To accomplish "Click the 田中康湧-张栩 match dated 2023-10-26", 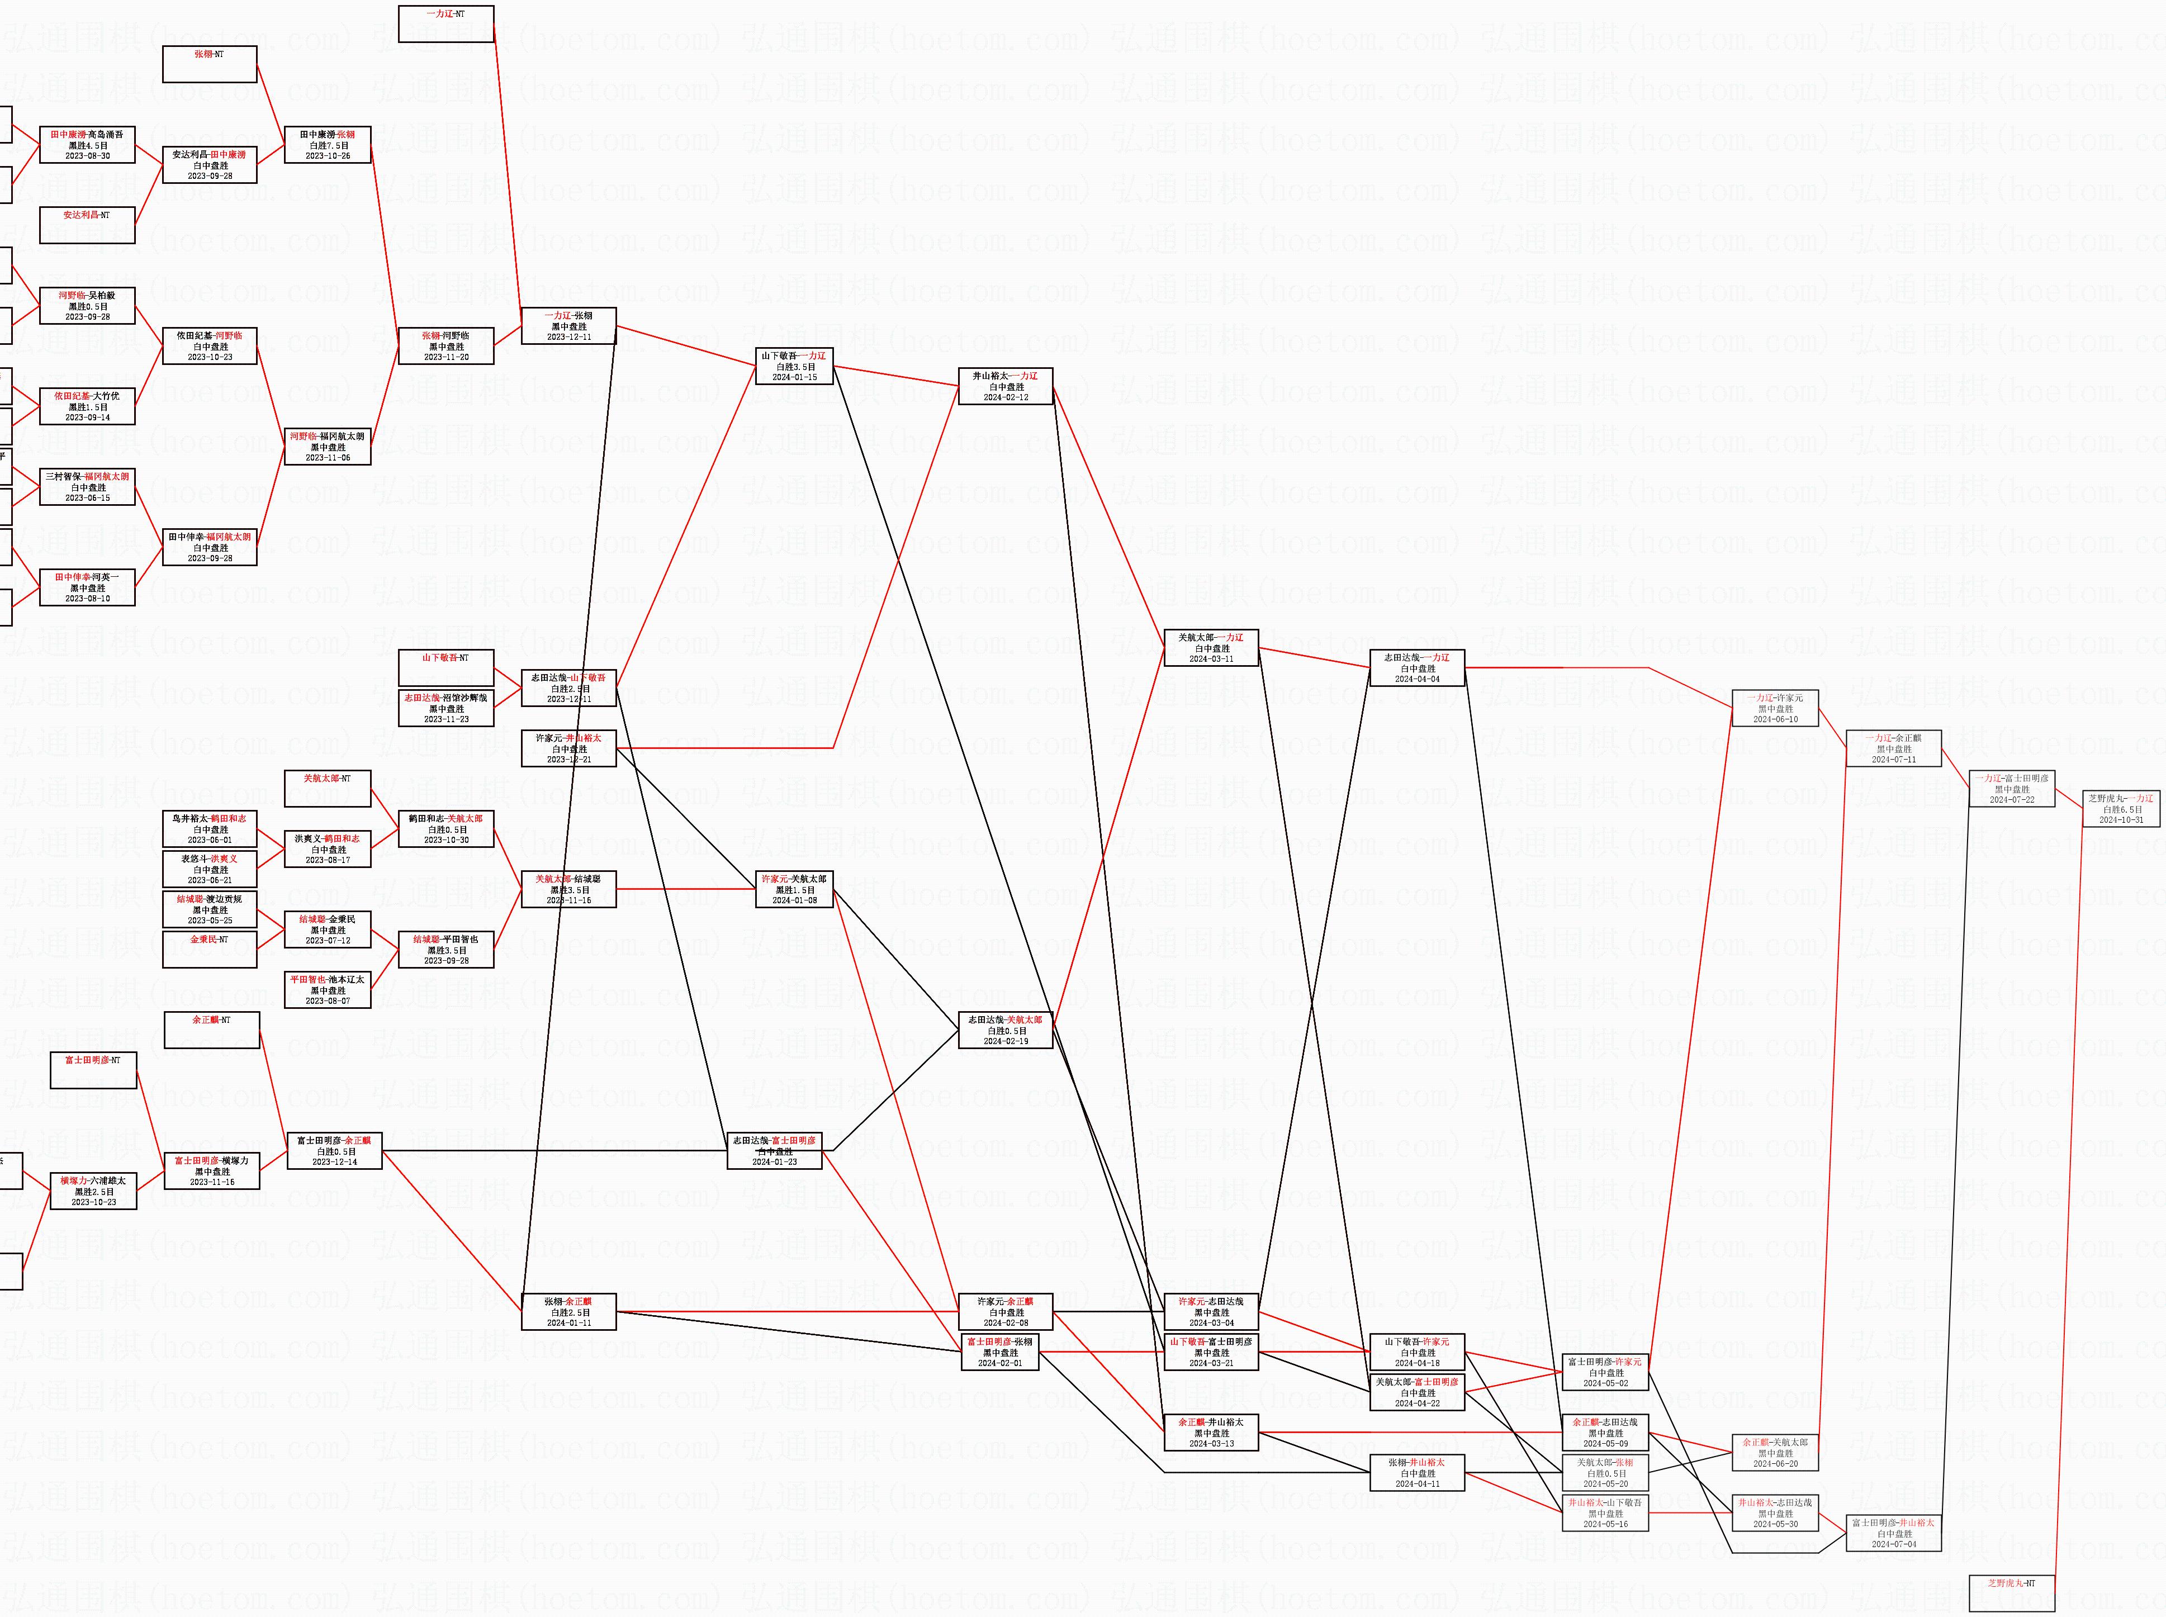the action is coord(328,145).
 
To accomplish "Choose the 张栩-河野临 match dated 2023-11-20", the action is coord(446,345).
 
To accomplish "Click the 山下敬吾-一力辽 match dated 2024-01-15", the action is coord(794,366).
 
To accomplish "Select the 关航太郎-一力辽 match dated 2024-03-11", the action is coord(1211,648).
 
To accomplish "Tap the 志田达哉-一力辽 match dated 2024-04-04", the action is coord(1417,667).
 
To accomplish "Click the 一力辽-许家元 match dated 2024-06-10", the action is coord(1775,708).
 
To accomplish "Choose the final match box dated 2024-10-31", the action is coord(2121,808).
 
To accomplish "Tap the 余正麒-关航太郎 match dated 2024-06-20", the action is coord(1775,1453).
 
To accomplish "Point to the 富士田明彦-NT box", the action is coord(94,1070).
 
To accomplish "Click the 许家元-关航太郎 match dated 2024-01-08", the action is coord(794,889).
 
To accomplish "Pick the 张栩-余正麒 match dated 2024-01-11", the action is coord(568,1312).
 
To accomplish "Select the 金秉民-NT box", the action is coord(210,950).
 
